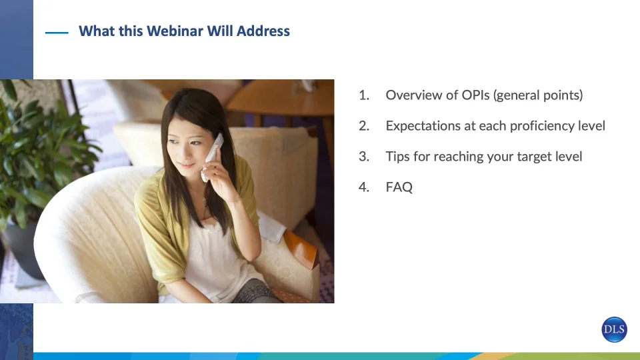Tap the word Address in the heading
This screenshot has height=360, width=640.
(263, 31)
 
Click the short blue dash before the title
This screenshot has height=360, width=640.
(57, 33)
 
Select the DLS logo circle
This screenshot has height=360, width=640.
(614, 329)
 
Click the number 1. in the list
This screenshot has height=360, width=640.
(364, 95)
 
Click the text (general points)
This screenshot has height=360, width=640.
(538, 95)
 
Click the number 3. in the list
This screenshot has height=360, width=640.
(364, 156)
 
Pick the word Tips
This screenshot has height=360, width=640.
(397, 156)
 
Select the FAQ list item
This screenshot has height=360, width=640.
(399, 187)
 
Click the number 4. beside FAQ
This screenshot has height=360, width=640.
(364, 187)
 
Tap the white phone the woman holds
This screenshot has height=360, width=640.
(212, 157)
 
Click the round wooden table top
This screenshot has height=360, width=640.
(281, 98)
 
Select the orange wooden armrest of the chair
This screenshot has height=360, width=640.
(301, 249)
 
